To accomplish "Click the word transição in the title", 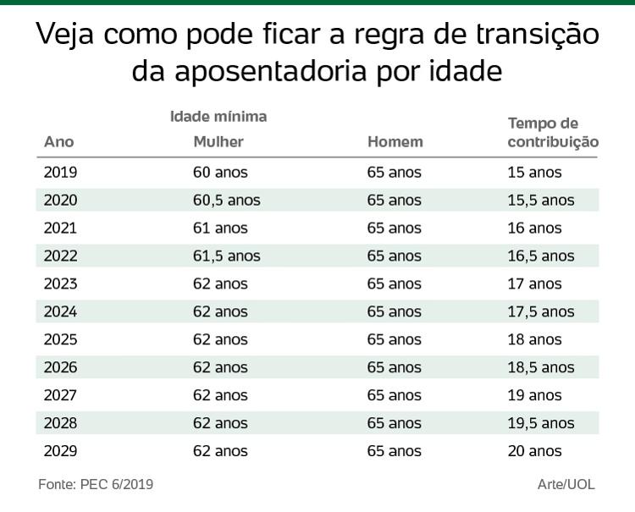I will pyautogui.click(x=530, y=35).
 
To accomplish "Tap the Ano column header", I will pyautogui.click(x=58, y=142).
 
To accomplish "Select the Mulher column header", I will pyautogui.click(x=218, y=142).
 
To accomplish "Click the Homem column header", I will pyautogui.click(x=395, y=142).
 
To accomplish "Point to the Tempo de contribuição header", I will pyautogui.click(x=553, y=133).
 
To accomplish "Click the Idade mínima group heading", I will pyautogui.click(x=218, y=117).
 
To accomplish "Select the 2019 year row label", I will pyautogui.click(x=60, y=173).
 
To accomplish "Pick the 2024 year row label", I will pyautogui.click(x=60, y=312).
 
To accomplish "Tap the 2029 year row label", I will pyautogui.click(x=60, y=451).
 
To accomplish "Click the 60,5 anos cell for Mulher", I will pyautogui.click(x=226, y=201).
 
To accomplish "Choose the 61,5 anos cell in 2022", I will pyautogui.click(x=226, y=256).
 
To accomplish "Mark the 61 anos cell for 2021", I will pyautogui.click(x=220, y=228).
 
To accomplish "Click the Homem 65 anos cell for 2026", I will pyautogui.click(x=394, y=368).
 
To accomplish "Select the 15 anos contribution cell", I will pyautogui.click(x=534, y=173).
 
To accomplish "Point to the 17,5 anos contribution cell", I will pyautogui.click(x=540, y=312).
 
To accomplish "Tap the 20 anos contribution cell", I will pyautogui.click(x=534, y=451).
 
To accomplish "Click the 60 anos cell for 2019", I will pyautogui.click(x=220, y=173).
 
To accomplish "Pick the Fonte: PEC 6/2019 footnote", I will pyautogui.click(x=96, y=485).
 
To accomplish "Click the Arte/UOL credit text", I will pyautogui.click(x=566, y=485).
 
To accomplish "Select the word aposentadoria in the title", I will pyautogui.click(x=271, y=71).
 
